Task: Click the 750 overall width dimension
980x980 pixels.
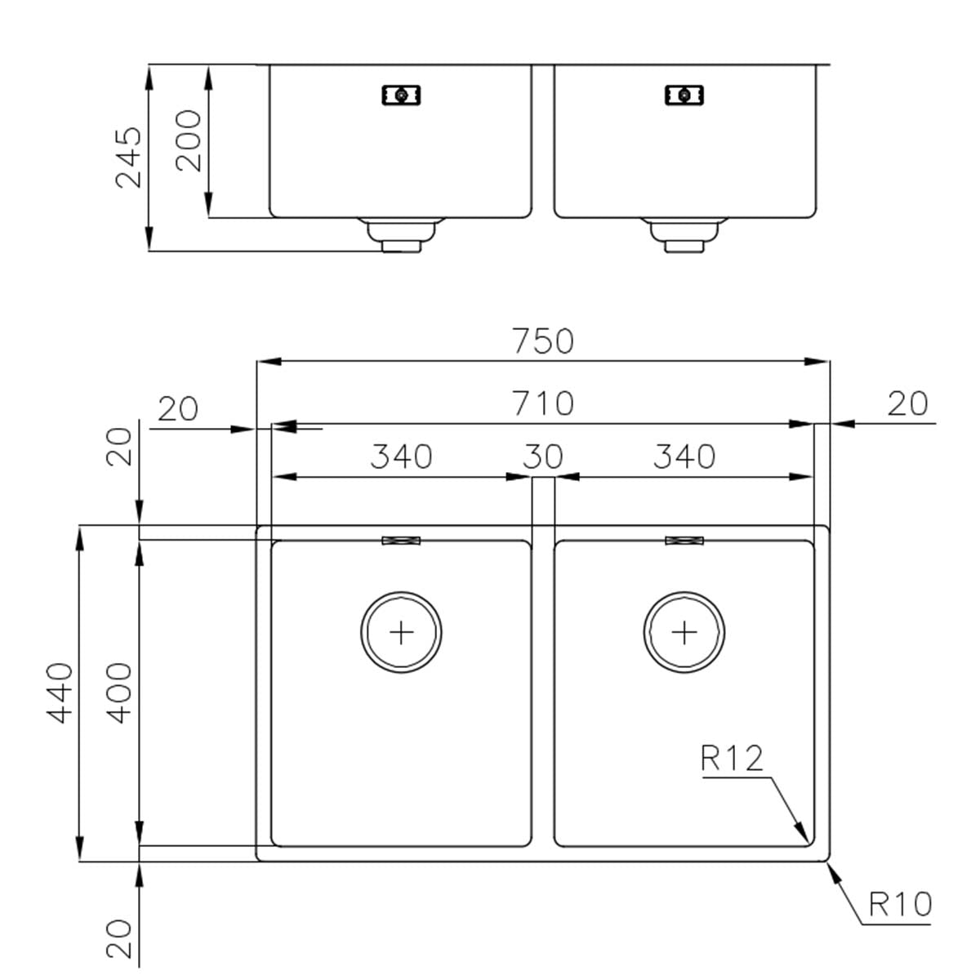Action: [543, 341]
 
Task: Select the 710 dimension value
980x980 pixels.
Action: [543, 403]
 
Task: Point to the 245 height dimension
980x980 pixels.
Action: [128, 158]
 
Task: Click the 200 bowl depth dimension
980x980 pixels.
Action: [189, 140]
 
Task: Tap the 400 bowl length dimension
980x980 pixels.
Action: [120, 693]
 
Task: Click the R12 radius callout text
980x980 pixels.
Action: [732, 759]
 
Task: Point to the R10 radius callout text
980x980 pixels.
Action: [900, 905]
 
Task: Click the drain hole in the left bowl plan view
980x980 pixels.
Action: [401, 632]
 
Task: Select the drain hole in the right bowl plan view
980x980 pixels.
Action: [684, 632]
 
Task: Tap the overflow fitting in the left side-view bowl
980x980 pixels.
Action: [401, 95]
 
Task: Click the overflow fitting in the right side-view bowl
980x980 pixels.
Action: [684, 95]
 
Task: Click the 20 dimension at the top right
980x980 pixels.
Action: [907, 403]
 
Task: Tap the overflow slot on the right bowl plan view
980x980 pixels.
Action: [684, 541]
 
